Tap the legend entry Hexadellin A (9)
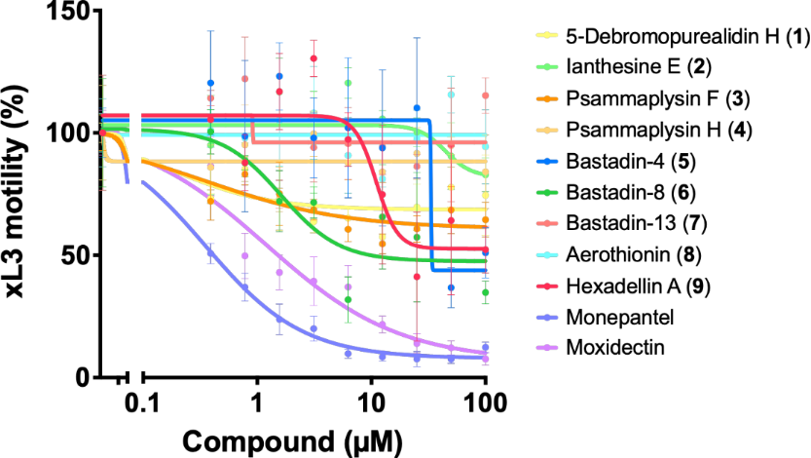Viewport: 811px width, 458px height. (x=636, y=289)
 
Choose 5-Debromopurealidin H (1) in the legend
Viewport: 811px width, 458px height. (x=671, y=37)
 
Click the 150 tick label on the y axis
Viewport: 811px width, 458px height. (x=67, y=12)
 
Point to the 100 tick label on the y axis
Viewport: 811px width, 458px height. (x=67, y=134)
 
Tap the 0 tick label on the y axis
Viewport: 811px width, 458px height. (x=81, y=378)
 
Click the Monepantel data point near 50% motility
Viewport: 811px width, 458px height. (x=209, y=253)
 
